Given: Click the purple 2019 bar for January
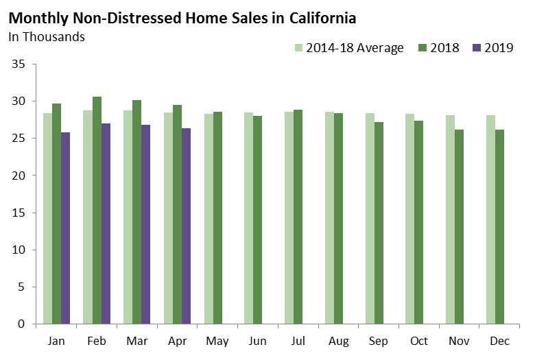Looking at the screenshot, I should (x=66, y=228).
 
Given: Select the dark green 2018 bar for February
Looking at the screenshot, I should (x=97, y=210).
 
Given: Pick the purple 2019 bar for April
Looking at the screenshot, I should (x=187, y=226).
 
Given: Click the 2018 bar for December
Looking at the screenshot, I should (x=499, y=226).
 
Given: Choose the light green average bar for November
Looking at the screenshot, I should (x=450, y=219).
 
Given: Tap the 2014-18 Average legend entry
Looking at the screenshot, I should (x=348, y=48).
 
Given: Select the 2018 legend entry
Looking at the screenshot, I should (x=438, y=48).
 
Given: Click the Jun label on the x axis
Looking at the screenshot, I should (x=257, y=341).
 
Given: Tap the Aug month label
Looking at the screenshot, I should (x=338, y=341).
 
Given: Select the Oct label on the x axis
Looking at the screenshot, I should (x=418, y=341).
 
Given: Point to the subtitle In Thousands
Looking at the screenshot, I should (x=47, y=37).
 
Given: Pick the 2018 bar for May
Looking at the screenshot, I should (x=217, y=217).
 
